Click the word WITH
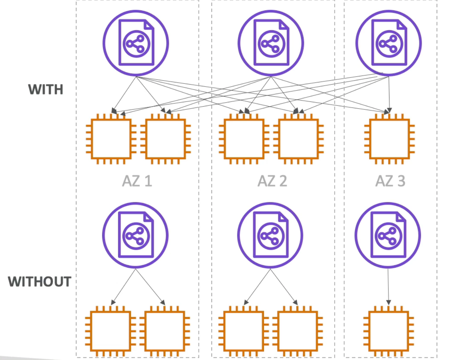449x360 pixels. click(45, 89)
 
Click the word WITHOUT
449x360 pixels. click(40, 282)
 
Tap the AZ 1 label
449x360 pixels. click(137, 181)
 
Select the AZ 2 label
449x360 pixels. click(272, 181)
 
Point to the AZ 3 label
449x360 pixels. click(390, 181)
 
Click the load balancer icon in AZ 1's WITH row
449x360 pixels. click(136, 43)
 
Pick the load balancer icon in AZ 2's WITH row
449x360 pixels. click(271, 43)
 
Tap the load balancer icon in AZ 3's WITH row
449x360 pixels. click(389, 43)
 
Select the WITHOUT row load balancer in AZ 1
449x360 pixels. click(135, 235)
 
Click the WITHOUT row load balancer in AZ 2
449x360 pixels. click(270, 235)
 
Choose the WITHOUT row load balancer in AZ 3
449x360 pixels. click(388, 235)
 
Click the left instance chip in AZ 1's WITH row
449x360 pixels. click(111, 139)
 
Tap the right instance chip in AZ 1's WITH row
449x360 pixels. click(166, 139)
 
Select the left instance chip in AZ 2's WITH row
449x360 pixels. click(244, 139)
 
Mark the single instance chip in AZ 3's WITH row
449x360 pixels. click(389, 139)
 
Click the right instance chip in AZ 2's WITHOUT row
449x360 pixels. click(298, 331)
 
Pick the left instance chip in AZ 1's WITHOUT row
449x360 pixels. click(111, 331)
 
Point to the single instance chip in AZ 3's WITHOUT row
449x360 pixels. click(389, 331)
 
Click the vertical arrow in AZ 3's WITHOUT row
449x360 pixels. click(388, 286)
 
